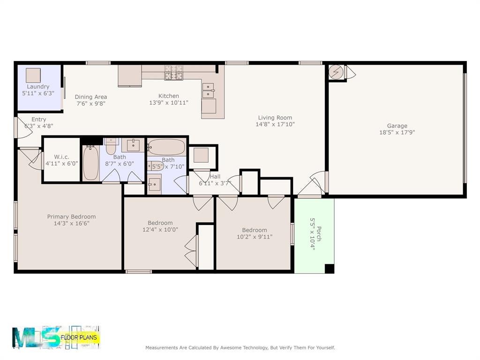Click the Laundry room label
point(38,87)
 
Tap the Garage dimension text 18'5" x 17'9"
point(397,133)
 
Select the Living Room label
point(275,118)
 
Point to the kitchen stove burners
point(174,73)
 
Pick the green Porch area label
point(319,234)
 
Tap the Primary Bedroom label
point(71,217)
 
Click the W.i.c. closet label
point(61,157)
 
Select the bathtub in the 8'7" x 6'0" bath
point(91,163)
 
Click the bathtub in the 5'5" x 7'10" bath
point(166,147)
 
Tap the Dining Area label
point(91,97)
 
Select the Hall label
point(215,177)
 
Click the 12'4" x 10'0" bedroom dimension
point(160,230)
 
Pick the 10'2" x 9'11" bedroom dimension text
point(255,237)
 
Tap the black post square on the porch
point(329,269)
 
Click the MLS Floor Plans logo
point(56,337)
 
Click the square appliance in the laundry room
point(33,75)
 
